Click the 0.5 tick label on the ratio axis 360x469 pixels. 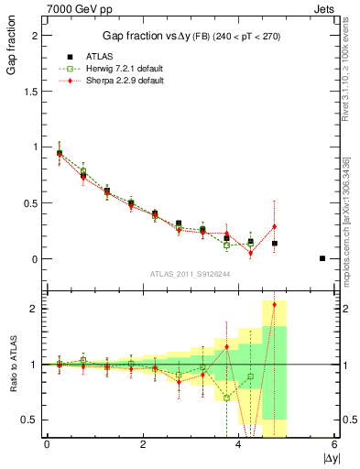(34, 420)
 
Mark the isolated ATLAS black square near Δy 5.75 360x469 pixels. (322, 258)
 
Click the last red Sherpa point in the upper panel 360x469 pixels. (274, 226)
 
